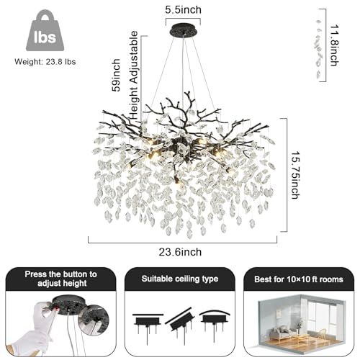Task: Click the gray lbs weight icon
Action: (45, 30)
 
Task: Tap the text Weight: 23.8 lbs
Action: (45, 62)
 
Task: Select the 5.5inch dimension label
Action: (183, 10)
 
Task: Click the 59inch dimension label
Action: (116, 75)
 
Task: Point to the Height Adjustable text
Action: (134, 75)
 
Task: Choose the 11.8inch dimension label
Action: (334, 45)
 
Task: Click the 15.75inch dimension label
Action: (295, 175)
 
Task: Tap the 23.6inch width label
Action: (180, 252)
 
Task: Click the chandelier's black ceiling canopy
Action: (183, 30)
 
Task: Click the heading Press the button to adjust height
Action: (61, 279)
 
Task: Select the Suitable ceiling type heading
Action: (180, 279)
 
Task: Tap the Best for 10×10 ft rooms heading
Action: (299, 279)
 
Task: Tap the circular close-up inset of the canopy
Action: (94, 320)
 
